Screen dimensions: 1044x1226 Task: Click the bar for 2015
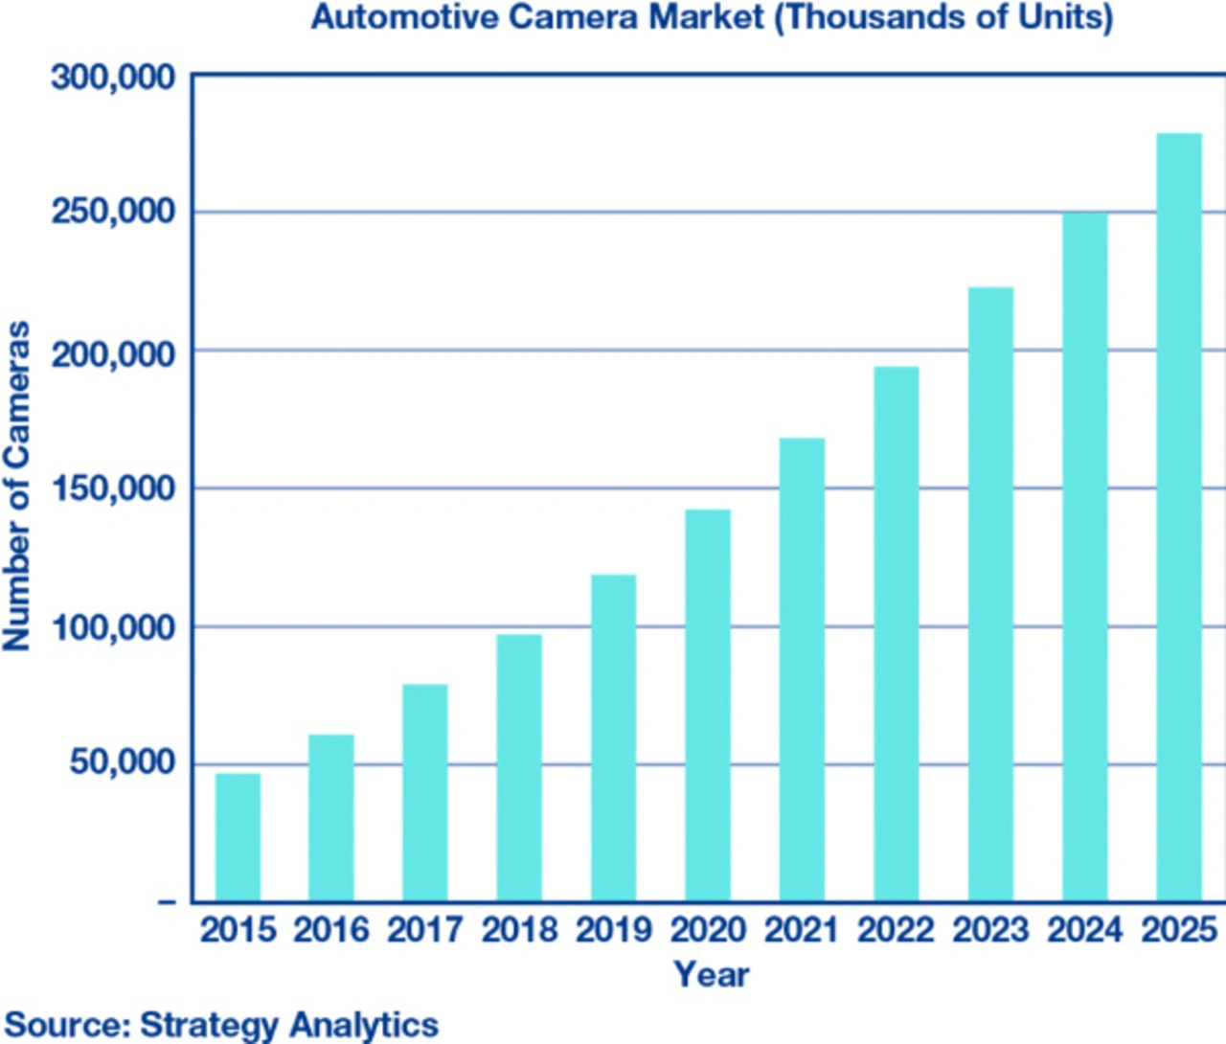(x=238, y=837)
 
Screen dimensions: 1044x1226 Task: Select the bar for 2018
(x=519, y=767)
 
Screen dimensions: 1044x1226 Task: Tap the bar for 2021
(x=802, y=670)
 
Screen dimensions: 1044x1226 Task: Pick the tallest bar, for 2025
(x=1179, y=517)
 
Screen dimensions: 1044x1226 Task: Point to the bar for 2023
(x=990, y=594)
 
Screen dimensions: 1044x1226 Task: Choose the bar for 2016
(x=330, y=818)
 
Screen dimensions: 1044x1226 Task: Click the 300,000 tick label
(x=114, y=77)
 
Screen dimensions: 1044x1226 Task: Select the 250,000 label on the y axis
(x=114, y=212)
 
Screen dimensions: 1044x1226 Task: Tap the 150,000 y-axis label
(x=114, y=488)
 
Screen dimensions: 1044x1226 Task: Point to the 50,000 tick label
(x=124, y=763)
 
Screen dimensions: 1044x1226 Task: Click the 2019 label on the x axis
(x=613, y=930)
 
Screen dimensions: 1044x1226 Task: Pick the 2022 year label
(x=896, y=930)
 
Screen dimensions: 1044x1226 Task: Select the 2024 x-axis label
(x=1084, y=930)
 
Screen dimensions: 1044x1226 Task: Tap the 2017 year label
(x=424, y=930)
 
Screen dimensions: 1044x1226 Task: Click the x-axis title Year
(x=711, y=975)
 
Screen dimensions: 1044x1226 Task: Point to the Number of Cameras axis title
(x=17, y=487)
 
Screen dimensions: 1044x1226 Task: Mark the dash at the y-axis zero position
(x=167, y=902)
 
